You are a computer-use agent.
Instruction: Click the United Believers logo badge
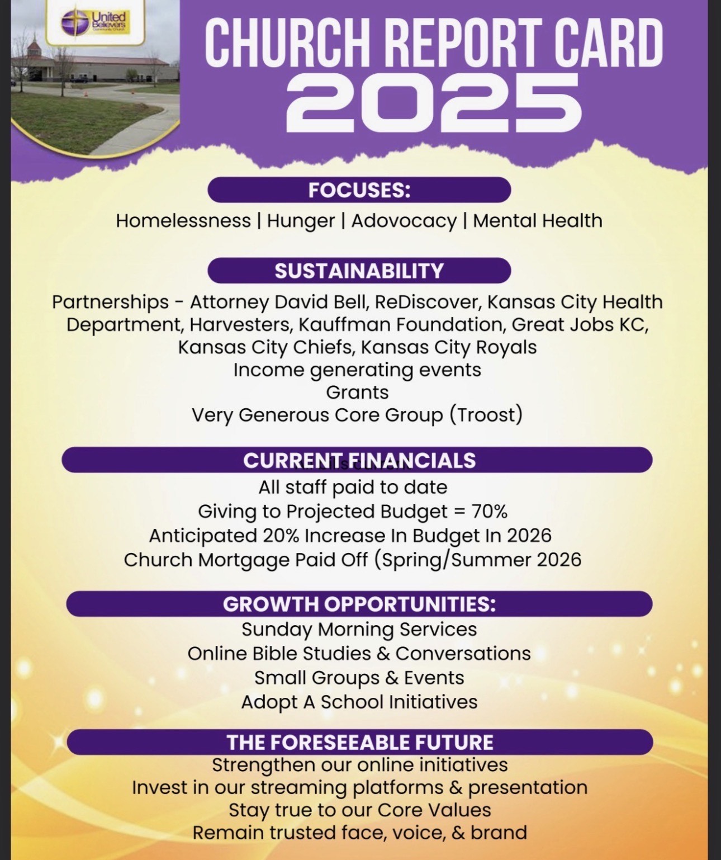96,23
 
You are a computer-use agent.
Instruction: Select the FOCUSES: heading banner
359,190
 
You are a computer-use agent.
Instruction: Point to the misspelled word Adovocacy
404,221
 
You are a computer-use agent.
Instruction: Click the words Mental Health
537,220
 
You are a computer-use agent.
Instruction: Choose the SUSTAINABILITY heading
359,271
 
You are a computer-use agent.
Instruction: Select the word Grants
357,392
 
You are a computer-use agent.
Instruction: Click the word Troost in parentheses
486,415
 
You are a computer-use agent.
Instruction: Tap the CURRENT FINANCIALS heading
357,460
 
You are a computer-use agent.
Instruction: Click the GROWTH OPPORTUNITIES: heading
359,604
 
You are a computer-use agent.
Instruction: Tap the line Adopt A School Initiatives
359,702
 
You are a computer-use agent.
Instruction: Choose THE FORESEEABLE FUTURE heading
359,742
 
